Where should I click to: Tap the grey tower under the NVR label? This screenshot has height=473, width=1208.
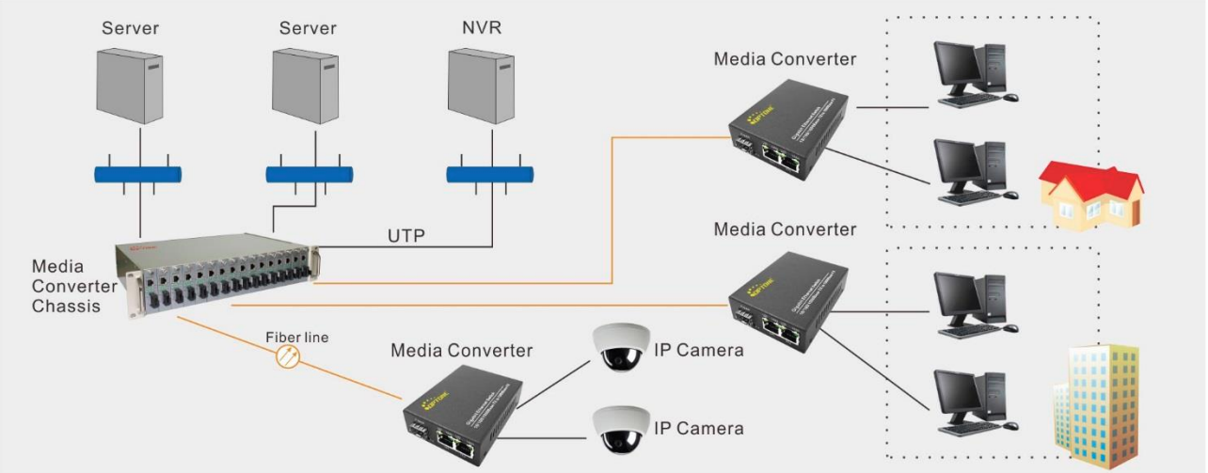[480, 85]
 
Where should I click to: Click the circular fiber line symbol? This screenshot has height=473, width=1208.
[288, 356]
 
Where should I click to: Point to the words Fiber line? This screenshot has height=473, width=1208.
[296, 336]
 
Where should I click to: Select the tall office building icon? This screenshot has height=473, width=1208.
[1096, 404]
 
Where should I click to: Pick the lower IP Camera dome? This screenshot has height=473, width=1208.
[617, 427]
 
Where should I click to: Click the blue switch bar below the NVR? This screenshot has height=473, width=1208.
[489, 174]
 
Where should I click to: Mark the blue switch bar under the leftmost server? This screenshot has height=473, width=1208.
[138, 174]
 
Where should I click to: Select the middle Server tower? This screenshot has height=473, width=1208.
[305, 85]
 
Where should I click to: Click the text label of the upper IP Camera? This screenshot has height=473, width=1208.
[699, 351]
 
